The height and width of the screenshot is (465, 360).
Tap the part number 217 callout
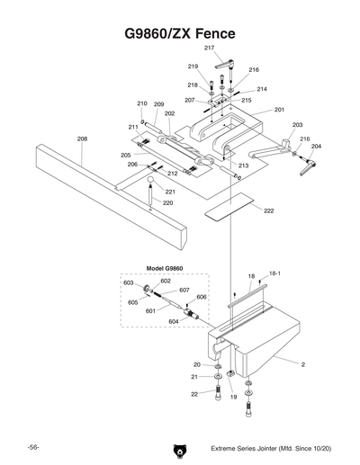pyautogui.click(x=209, y=48)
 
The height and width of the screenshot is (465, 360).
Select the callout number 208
pyautogui.click(x=82, y=139)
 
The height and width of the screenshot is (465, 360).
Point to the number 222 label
pyautogui.click(x=269, y=210)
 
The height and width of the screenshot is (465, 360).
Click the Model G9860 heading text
pyautogui.click(x=164, y=269)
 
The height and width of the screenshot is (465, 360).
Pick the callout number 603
pyautogui.click(x=129, y=282)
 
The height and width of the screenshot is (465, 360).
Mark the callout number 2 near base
pyautogui.click(x=302, y=365)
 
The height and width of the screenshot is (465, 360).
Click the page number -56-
pyautogui.click(x=32, y=446)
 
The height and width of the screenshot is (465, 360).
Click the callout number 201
pyautogui.click(x=279, y=110)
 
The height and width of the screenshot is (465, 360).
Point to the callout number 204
pyautogui.click(x=316, y=146)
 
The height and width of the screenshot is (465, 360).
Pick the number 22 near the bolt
pyautogui.click(x=194, y=394)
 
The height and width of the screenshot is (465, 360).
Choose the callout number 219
pyautogui.click(x=193, y=67)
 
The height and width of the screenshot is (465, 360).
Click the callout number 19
pyautogui.click(x=233, y=396)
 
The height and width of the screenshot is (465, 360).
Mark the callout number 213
pyautogui.click(x=243, y=166)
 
